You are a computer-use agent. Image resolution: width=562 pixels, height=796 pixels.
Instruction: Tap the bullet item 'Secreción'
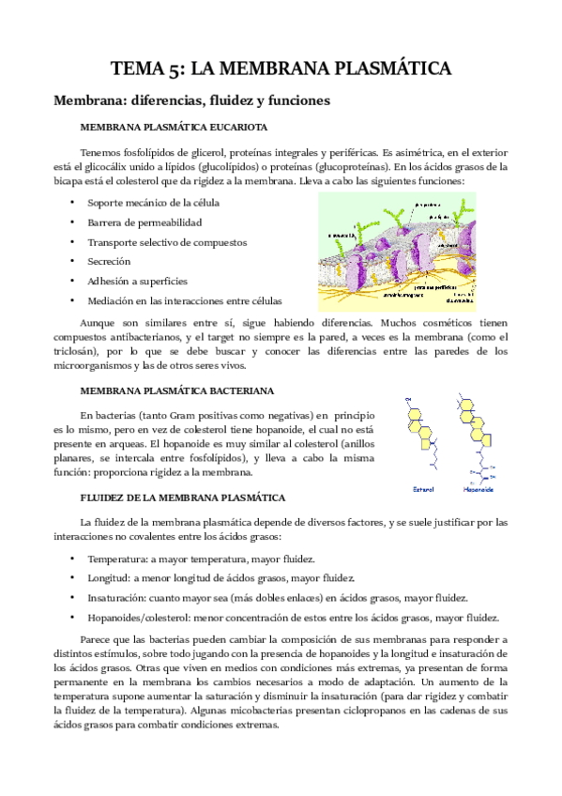[109, 261]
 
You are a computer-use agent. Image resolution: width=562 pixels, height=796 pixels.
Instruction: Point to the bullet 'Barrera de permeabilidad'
[144, 222]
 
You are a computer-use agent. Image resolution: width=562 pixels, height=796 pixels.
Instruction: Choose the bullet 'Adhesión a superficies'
[137, 281]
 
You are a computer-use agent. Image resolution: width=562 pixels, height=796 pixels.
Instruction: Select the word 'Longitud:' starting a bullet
[109, 577]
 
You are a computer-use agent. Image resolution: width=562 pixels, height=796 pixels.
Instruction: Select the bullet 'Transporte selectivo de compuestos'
[167, 241]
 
